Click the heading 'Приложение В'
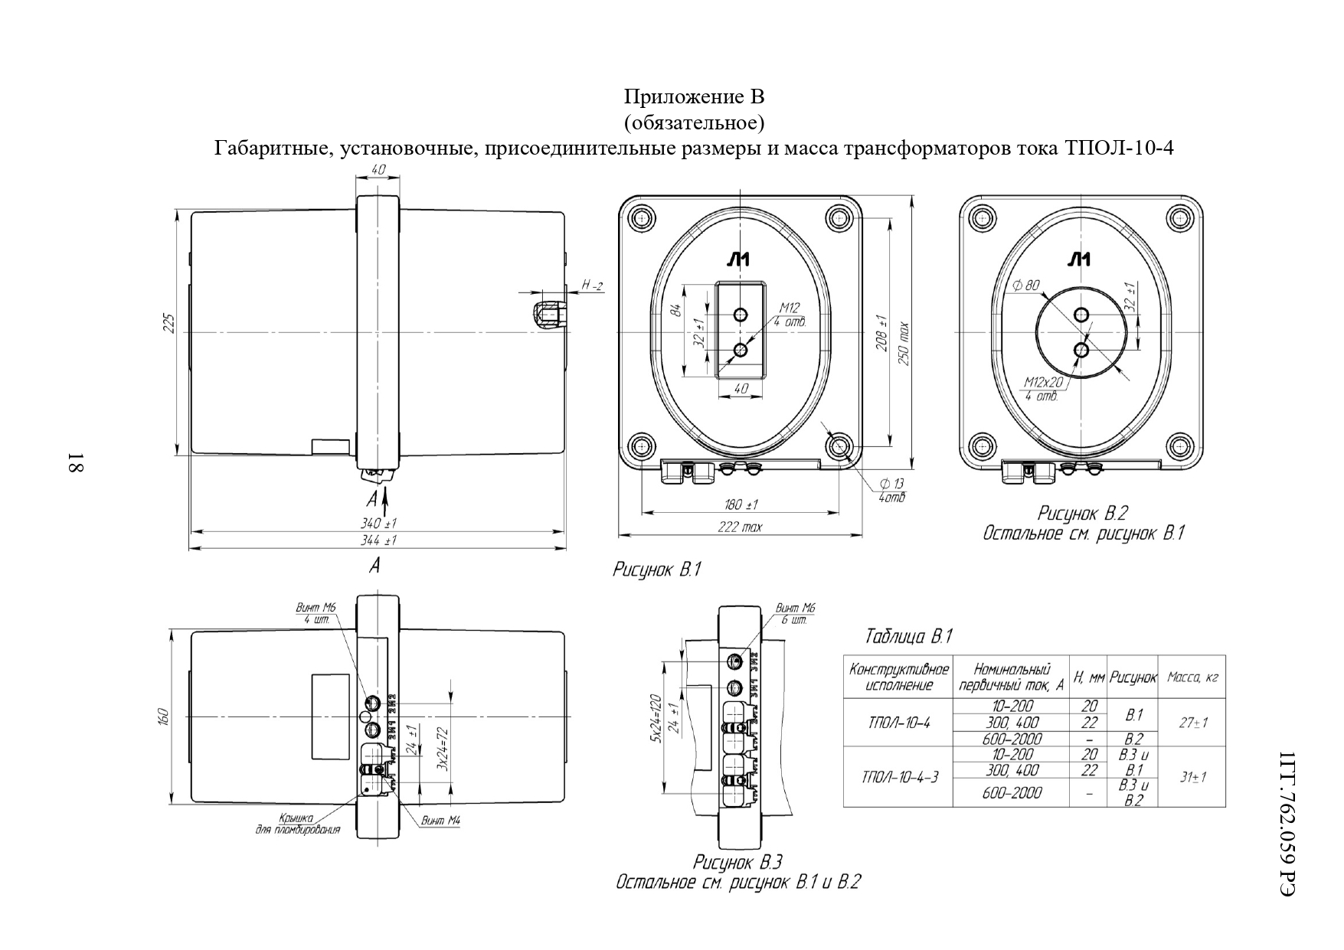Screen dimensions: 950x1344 coord(694,97)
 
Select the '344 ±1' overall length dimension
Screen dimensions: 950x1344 coord(378,540)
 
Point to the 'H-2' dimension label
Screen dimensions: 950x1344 coord(592,286)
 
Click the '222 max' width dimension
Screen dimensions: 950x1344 coord(740,527)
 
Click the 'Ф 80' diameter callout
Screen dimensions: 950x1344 coord(1025,286)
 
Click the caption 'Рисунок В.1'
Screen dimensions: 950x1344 coord(657,570)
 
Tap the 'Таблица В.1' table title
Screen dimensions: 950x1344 coord(908,636)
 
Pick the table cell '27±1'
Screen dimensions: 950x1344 coord(1192,722)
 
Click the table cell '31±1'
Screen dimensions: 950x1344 coord(1192,777)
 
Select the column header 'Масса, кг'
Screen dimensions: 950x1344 coord(1192,677)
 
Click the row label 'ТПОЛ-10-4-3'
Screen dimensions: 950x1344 coord(898,777)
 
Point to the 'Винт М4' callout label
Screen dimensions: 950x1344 coord(441,821)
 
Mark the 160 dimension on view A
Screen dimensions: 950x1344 coord(163,716)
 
